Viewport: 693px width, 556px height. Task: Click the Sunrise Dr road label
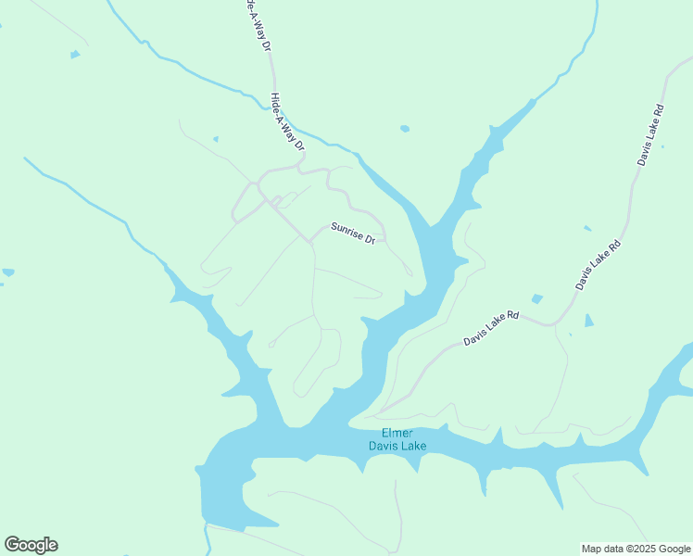coord(353,234)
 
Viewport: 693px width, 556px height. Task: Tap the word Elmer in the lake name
coord(397,434)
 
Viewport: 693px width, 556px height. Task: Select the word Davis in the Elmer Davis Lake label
coord(384,447)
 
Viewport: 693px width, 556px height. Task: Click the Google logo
coord(31,545)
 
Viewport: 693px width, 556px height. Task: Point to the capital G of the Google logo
coord(12,544)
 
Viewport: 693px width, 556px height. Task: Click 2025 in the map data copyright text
coord(642,549)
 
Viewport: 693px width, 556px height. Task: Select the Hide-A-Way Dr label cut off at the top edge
coord(257,27)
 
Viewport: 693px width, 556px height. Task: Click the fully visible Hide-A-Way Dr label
coord(287,121)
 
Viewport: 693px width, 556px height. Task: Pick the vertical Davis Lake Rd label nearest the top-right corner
coord(651,135)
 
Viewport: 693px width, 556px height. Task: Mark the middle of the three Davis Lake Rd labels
coord(597,265)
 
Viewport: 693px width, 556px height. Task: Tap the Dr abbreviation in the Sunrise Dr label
coord(370,240)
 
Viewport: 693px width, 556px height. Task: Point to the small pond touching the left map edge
coord(7,272)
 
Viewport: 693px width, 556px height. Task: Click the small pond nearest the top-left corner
coord(75,55)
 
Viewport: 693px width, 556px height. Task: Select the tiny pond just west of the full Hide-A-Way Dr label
coord(216,139)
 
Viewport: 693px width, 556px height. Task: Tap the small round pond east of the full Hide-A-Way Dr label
coord(404,128)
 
